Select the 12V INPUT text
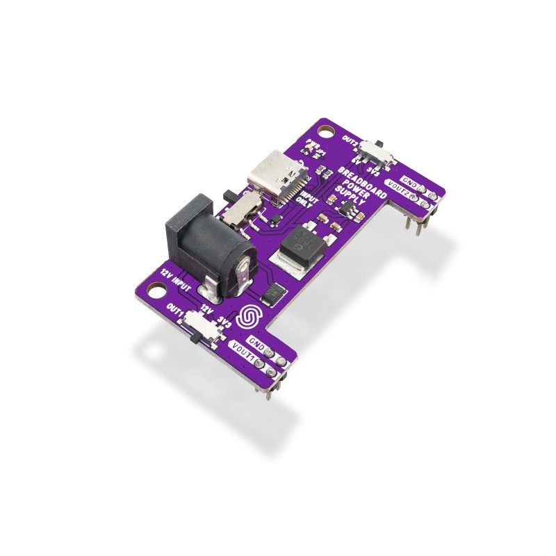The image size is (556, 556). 176,277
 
